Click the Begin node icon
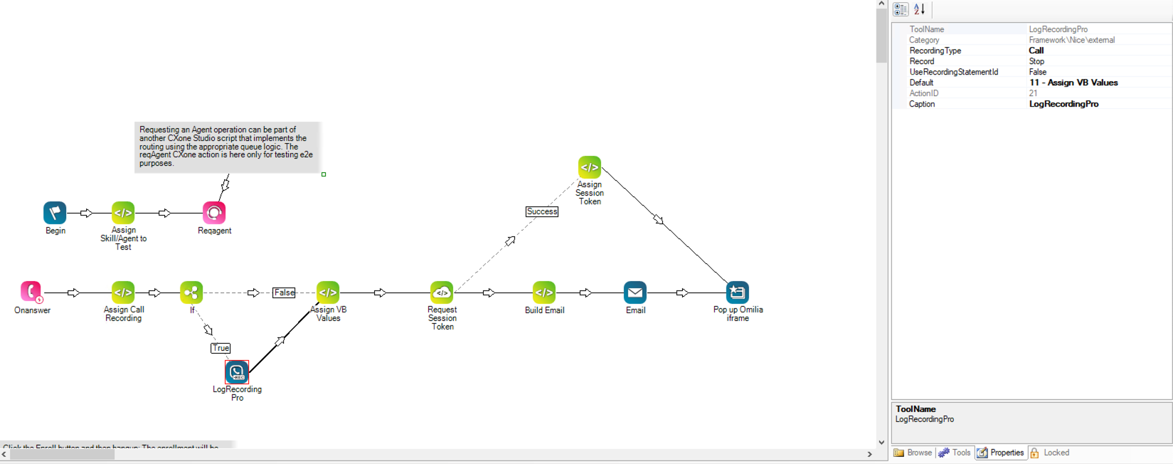tap(55, 213)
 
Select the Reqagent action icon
tap(214, 213)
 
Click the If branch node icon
tap(191, 292)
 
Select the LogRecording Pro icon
tap(237, 372)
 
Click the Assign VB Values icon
tap(328, 292)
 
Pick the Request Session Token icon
tap(442, 292)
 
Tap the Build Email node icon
tap(544, 292)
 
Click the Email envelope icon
tap(635, 292)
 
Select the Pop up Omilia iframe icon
tap(738, 292)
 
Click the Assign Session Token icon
tap(590, 167)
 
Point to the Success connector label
tap(542, 211)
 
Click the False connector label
tap(284, 292)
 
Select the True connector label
tap(221, 348)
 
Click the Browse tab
tap(913, 453)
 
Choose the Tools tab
tap(955, 453)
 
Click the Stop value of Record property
tap(1036, 61)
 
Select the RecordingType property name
tap(935, 51)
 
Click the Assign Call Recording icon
tap(123, 292)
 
